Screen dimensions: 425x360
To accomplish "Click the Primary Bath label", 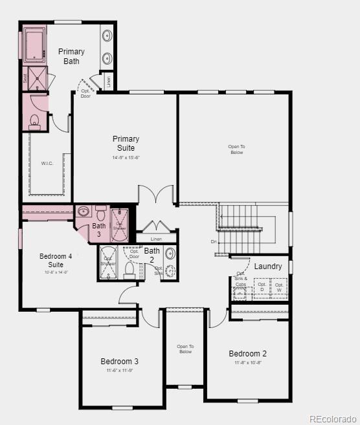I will tap(71, 56).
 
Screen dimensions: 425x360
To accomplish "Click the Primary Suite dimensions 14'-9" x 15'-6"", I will tap(126, 157).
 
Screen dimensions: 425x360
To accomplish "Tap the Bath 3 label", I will tap(98, 230).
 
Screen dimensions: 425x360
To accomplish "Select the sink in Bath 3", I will tap(84, 212).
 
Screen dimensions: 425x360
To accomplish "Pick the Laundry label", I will tap(267, 267).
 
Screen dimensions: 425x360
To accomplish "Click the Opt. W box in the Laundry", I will tap(279, 287).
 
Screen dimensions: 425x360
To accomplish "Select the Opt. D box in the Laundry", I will tap(262, 287).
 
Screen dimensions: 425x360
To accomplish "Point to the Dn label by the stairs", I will tap(214, 241).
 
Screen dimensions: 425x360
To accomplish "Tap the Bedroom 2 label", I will tap(247, 354).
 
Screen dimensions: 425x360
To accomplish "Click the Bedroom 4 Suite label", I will tap(55, 261).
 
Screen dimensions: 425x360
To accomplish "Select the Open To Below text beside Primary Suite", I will tap(236, 149).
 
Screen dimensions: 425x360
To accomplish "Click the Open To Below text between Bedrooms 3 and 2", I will tap(185, 349).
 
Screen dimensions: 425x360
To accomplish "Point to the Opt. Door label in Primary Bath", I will tap(85, 93).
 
